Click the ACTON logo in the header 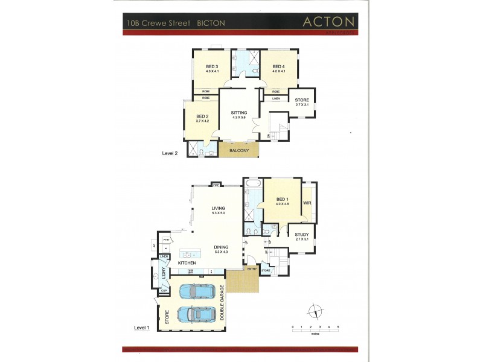click(328, 22)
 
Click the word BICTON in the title click(211, 24)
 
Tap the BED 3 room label click(211, 66)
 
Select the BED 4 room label click(278, 66)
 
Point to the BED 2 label click(202, 116)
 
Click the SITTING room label click(239, 113)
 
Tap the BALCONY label click(238, 151)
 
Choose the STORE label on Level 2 click(302, 100)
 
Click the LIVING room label click(218, 209)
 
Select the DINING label click(221, 247)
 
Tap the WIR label click(307, 203)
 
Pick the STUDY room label click(302, 235)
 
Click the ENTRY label click(252, 270)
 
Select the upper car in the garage click(197, 291)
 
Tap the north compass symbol click(315, 312)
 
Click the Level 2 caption click(170, 154)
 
